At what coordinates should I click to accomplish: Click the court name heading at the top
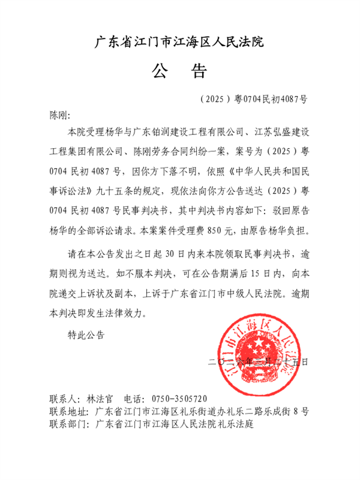(180, 42)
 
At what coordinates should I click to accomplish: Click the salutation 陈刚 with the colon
(59, 114)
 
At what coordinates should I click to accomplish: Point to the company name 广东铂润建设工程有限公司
(190, 130)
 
